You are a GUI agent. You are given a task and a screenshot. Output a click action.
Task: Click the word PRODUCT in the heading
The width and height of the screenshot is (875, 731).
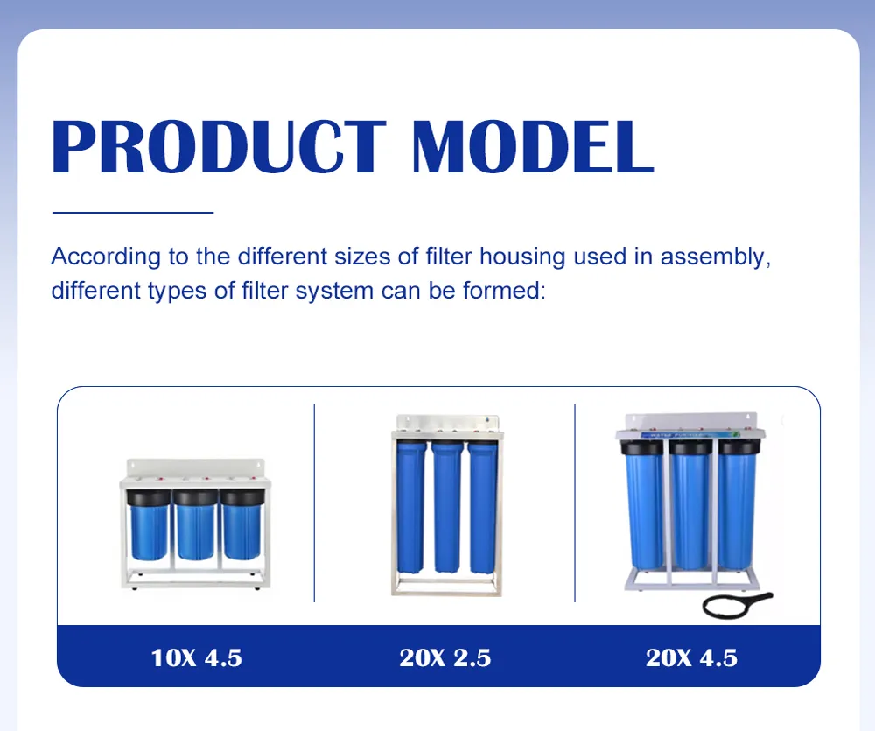coord(219,146)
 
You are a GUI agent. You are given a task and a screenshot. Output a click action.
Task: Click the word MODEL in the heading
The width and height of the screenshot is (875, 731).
coord(533,146)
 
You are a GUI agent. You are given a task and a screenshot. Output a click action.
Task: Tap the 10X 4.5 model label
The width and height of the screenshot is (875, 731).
coord(196,657)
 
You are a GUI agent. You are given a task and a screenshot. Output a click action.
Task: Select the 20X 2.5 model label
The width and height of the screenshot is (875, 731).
coord(444,657)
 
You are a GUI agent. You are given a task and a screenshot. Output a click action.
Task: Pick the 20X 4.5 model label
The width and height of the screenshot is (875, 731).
coord(691,657)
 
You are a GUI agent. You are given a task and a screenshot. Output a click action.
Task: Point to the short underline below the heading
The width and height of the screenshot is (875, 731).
coord(133,212)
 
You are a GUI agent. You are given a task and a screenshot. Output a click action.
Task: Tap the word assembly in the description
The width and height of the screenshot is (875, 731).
coord(716,257)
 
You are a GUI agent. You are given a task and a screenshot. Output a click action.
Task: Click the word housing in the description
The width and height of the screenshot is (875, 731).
coord(522,257)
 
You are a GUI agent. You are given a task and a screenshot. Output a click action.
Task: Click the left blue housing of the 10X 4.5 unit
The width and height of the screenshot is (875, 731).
coord(149,531)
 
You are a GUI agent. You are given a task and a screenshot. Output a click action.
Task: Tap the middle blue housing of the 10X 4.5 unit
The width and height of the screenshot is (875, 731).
coord(195,531)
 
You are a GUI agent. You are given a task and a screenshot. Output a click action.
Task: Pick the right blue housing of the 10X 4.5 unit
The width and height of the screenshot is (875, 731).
coord(241,531)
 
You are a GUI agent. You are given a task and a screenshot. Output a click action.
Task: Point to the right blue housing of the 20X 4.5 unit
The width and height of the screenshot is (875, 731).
coord(737,511)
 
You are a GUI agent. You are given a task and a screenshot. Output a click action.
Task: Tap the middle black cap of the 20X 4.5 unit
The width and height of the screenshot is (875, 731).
coord(690,447)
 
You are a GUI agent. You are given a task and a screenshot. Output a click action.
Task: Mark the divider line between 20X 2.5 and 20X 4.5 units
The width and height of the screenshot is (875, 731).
coord(575,503)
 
